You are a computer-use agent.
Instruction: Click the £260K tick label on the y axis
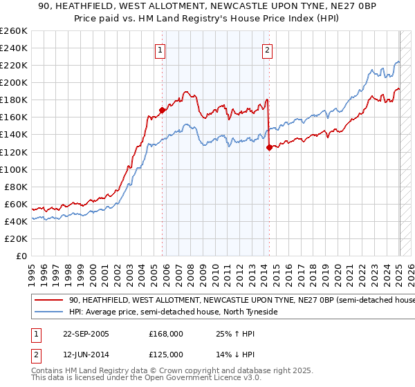[14, 30]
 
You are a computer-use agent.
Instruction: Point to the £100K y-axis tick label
[14, 169]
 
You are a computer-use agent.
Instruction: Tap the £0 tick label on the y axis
[21, 256]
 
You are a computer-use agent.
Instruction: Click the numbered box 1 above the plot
[160, 50]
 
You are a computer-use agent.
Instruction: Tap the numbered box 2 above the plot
[267, 50]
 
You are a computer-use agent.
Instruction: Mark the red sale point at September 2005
[163, 109]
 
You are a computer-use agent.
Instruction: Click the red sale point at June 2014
[269, 147]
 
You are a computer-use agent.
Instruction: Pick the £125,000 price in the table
[165, 355]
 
